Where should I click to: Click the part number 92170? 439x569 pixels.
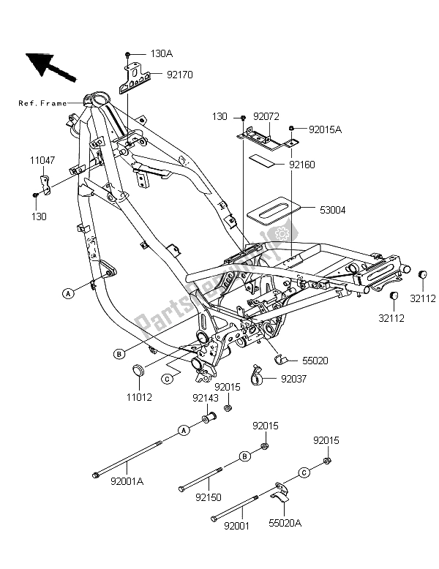click(x=179, y=74)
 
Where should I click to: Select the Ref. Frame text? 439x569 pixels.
click(x=42, y=103)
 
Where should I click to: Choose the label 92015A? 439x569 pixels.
click(x=326, y=129)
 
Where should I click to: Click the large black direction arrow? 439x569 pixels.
click(x=50, y=65)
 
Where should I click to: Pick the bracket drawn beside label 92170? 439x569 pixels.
click(x=135, y=78)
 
